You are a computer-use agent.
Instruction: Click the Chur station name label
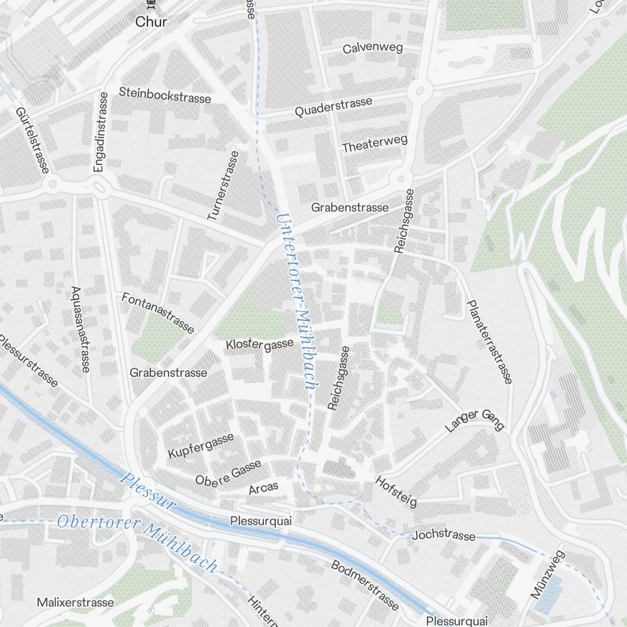pos(151,22)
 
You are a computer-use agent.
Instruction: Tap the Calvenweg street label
pos(372,48)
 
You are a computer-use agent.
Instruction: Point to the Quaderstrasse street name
pos(334,107)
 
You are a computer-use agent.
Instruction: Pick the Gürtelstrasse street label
pos(33,140)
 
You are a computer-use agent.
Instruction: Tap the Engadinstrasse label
pos(100,132)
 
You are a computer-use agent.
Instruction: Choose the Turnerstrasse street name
pos(223,185)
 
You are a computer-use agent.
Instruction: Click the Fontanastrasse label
pos(158,312)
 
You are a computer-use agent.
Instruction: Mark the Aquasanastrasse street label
pos(80,329)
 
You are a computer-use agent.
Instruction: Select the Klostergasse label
pos(260,344)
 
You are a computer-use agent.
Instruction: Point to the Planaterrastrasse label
pos(490,341)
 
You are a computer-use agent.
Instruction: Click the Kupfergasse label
pos(201,445)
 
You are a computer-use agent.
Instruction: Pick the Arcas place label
pos(263,488)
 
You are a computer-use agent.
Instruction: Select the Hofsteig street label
pos(396,492)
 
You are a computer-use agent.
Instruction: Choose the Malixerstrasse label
pos(75,603)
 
